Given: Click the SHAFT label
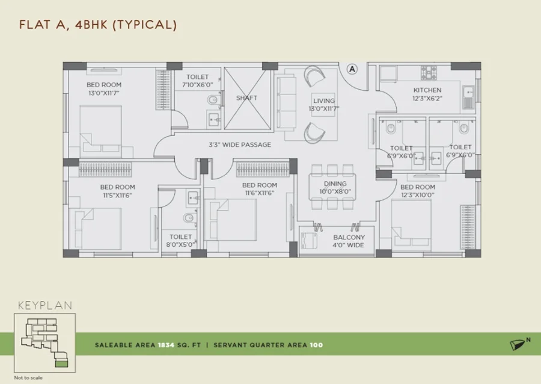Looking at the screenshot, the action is pyautogui.click(x=246, y=98).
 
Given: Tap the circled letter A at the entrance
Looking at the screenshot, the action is pyautogui.click(x=352, y=69).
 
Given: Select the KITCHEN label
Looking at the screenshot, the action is pyautogui.click(x=427, y=90).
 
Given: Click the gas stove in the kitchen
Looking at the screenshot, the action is pyautogui.click(x=429, y=72).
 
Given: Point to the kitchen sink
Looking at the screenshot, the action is pyautogui.click(x=468, y=97).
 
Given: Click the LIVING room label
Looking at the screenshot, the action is pyautogui.click(x=324, y=101).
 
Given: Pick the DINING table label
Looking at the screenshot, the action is pyautogui.click(x=335, y=184).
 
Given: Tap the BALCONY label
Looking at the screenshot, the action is pyautogui.click(x=349, y=237).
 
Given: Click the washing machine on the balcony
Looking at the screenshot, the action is pyautogui.click(x=309, y=240).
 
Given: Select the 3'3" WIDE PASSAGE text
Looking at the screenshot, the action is pyautogui.click(x=240, y=144).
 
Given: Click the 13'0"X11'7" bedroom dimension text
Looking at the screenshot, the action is pyautogui.click(x=104, y=93).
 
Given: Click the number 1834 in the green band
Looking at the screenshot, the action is pyautogui.click(x=166, y=345).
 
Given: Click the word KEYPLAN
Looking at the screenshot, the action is pyautogui.click(x=45, y=305).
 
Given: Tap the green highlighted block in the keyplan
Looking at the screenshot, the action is pyautogui.click(x=62, y=363).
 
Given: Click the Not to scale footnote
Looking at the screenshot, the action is pyautogui.click(x=28, y=378).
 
